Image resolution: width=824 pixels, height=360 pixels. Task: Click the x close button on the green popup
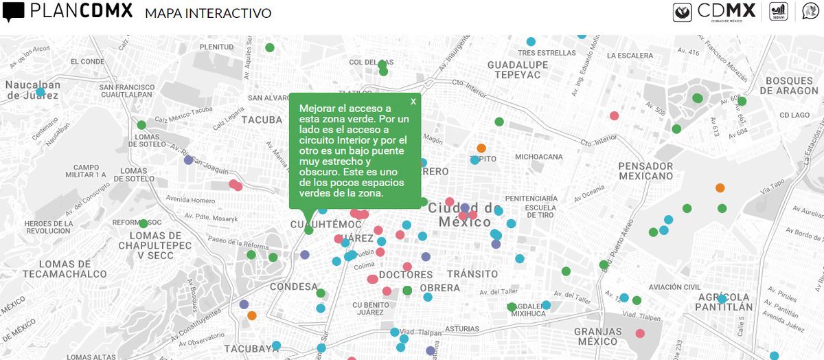[x=413, y=102]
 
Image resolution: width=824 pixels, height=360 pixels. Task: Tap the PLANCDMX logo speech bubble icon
[x=14, y=12]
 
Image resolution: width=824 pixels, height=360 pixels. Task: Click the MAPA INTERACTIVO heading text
[x=208, y=13]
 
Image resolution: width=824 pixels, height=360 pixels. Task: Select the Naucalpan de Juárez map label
[x=33, y=90]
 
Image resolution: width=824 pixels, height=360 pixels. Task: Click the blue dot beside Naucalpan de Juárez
[x=41, y=92]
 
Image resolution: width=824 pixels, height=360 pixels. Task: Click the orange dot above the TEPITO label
[x=481, y=148]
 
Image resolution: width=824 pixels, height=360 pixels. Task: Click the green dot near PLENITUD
[x=270, y=47]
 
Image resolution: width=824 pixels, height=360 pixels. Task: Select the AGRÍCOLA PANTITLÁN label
[x=723, y=302]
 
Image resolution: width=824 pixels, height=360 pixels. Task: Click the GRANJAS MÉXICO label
[x=597, y=337]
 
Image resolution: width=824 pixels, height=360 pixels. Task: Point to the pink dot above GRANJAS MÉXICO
[x=640, y=333]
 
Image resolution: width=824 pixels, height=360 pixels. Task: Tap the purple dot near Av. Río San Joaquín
[x=189, y=160]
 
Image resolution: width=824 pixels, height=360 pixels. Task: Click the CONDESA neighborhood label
[x=294, y=286]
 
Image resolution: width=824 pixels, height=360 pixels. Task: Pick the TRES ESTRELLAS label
[x=547, y=53]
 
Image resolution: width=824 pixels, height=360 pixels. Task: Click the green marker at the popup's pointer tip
[x=309, y=230]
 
